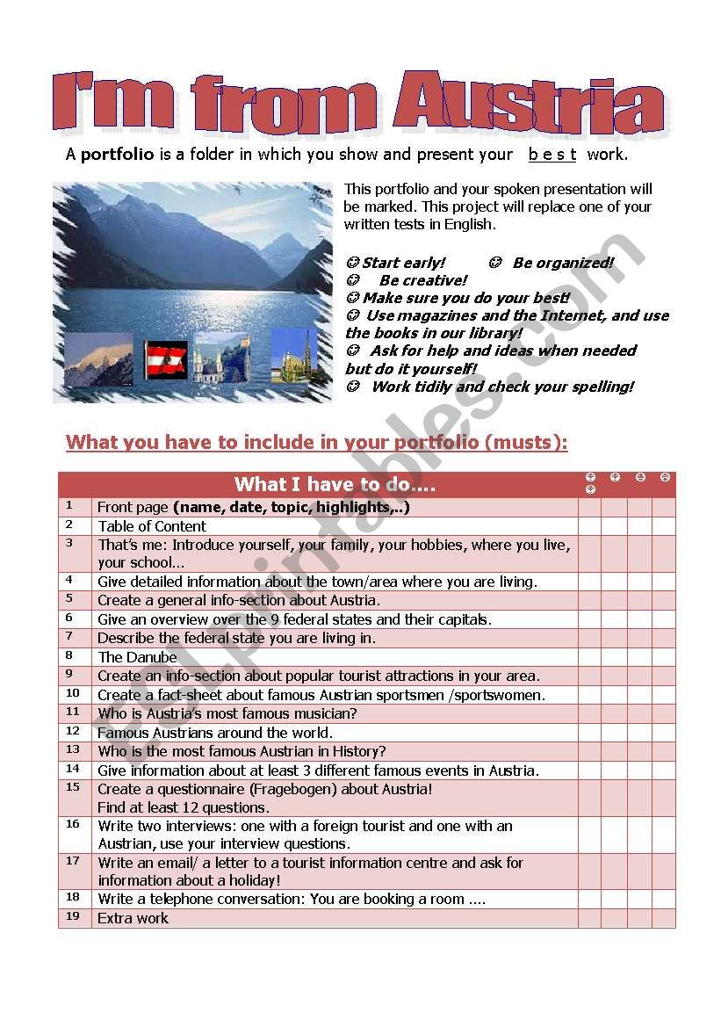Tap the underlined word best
(x=552, y=155)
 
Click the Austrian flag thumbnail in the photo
(x=166, y=359)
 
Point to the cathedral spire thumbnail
(x=290, y=355)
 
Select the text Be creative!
(x=422, y=280)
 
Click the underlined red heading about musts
(x=316, y=442)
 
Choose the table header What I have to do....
(x=335, y=485)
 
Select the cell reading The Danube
(x=137, y=657)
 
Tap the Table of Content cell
(x=152, y=526)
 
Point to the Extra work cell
(x=133, y=918)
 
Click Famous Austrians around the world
(x=215, y=733)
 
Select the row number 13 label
(x=73, y=749)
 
